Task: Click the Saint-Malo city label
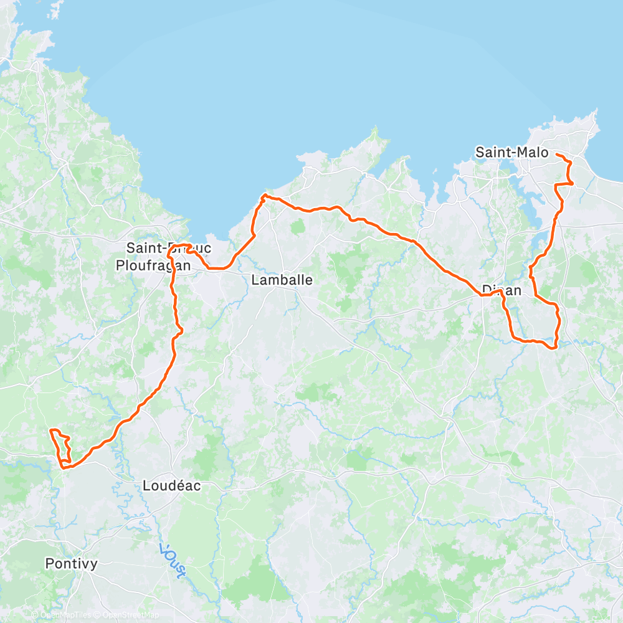pos(511,152)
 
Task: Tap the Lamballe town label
pos(282,280)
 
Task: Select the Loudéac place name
pos(172,485)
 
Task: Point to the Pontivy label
pos(72,563)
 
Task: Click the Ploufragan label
pos(153,265)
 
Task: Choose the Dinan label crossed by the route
pos(502,290)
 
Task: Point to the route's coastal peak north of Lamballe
pos(264,196)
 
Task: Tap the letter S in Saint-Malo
pos(480,152)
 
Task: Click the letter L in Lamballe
pos(255,280)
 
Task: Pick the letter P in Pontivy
pos(49,563)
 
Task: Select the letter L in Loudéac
pos(146,485)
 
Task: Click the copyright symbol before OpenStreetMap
pos(97,616)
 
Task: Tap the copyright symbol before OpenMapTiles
pos(36,616)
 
